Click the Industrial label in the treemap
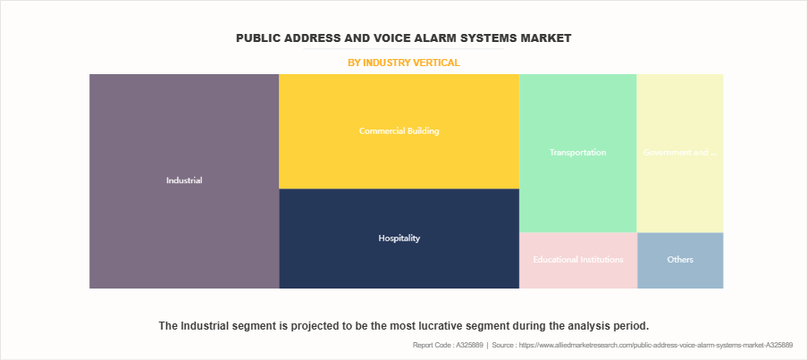coord(184,180)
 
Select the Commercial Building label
coord(399,130)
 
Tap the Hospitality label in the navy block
coord(399,239)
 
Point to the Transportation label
coord(577,153)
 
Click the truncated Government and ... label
coord(680,153)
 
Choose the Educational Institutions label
coord(577,260)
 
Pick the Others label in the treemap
coord(680,260)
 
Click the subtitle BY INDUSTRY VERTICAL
coord(403,63)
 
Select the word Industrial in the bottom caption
coord(208,325)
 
